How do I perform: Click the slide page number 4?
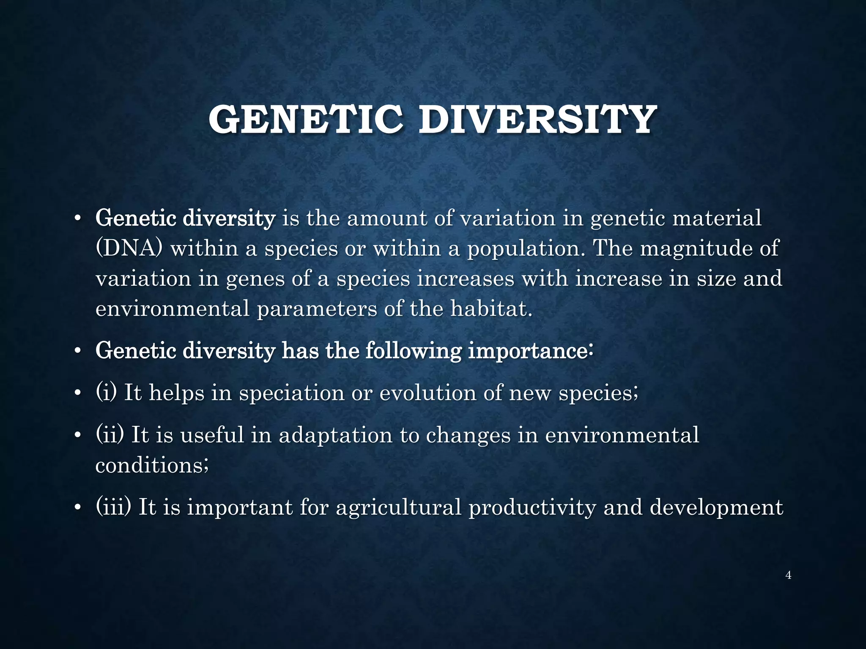[788, 575]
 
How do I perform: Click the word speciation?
[291, 393]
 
